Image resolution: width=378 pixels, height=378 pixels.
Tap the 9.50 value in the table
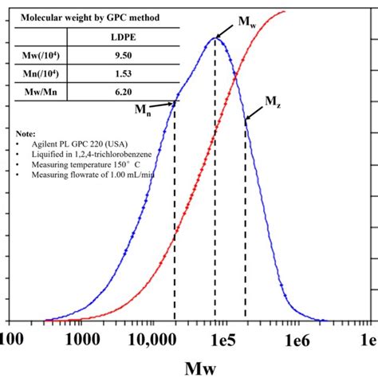(x=122, y=57)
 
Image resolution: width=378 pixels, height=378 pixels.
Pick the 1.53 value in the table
(x=122, y=74)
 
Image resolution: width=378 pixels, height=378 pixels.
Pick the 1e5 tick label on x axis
(x=222, y=340)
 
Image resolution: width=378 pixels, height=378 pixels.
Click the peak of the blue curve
(x=215, y=37)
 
